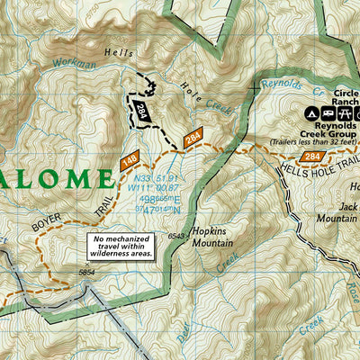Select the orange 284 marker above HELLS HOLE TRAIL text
[x=312, y=157]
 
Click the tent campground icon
[x=309, y=114]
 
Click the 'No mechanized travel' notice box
[x=121, y=246]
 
